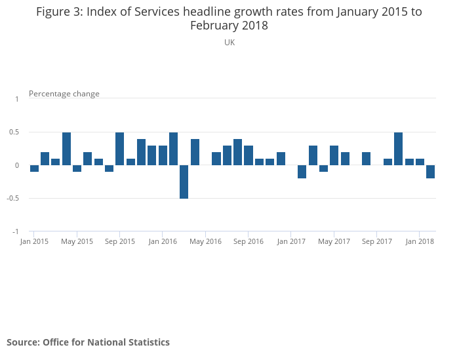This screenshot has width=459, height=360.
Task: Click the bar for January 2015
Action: (34, 169)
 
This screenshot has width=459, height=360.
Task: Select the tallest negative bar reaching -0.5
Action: (184, 182)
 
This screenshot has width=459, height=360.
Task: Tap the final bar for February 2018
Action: (431, 172)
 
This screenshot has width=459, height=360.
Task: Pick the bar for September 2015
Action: (120, 149)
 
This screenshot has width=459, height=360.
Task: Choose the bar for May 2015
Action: (77, 169)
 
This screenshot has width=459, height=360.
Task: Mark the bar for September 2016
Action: (249, 155)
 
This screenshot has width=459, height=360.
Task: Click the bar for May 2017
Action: (334, 155)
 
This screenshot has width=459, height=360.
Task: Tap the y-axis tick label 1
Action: (17, 98)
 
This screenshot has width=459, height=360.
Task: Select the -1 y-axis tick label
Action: (16, 232)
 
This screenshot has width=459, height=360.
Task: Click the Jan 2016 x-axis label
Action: (163, 241)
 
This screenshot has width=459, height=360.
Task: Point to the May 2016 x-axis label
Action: (205, 241)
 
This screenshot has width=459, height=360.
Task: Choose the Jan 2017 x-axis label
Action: (291, 241)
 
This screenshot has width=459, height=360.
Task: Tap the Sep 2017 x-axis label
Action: (377, 241)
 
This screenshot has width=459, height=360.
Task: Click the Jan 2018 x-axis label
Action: (420, 241)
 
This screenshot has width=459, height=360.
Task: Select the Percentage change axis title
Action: (64, 94)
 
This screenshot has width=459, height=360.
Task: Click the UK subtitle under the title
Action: (229, 42)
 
